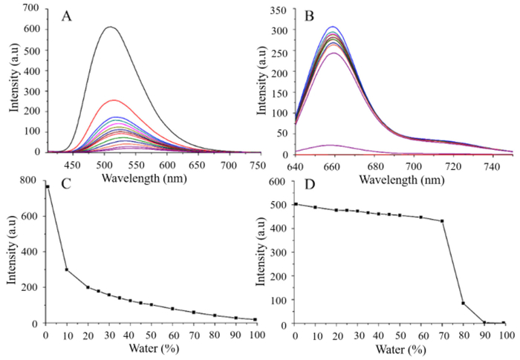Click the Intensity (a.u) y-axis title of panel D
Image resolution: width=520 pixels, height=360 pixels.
[x=262, y=252]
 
